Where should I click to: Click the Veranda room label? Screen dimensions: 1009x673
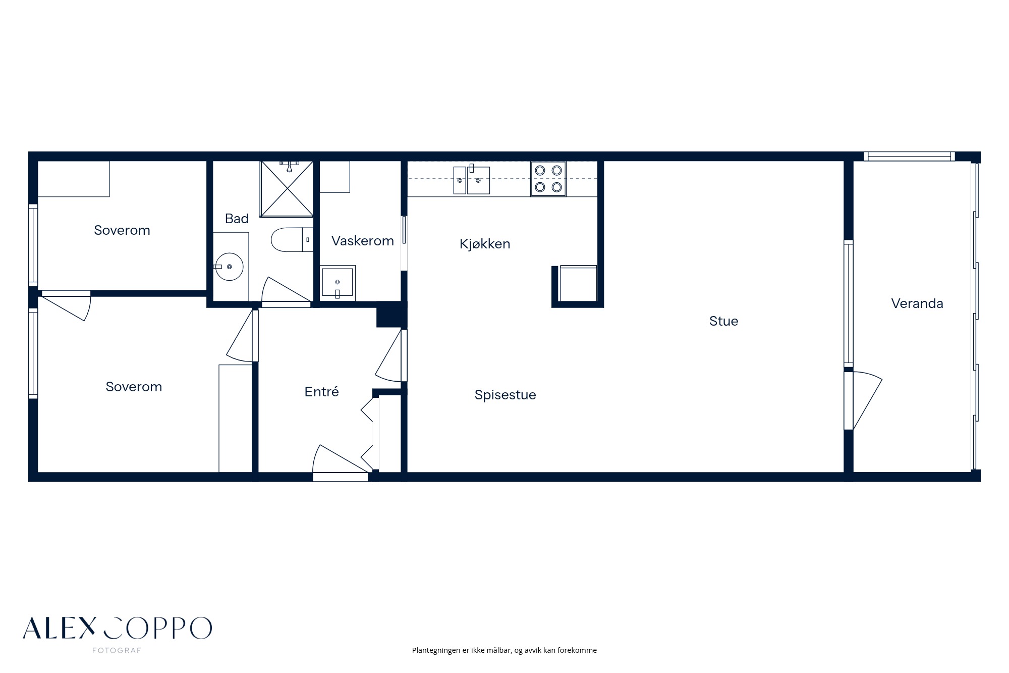(x=917, y=303)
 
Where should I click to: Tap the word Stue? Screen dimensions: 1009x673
(x=723, y=321)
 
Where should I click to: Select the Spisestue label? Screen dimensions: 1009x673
(x=505, y=395)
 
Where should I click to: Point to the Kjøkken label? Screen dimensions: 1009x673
(x=485, y=244)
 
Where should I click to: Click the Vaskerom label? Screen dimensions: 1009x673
(x=363, y=241)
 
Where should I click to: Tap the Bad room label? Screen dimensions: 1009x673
(x=237, y=219)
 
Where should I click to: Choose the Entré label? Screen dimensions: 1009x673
(x=321, y=391)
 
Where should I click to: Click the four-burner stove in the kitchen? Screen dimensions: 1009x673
(x=548, y=179)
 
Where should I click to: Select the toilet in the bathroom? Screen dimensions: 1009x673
(x=292, y=240)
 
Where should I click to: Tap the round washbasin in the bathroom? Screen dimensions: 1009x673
(x=229, y=267)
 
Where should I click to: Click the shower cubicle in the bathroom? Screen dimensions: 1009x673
(x=286, y=189)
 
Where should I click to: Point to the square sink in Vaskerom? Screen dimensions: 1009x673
(x=338, y=283)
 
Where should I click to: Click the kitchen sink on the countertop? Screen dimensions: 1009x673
(x=472, y=180)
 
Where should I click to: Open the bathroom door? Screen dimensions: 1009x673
(x=286, y=292)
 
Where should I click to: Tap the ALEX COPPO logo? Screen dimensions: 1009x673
(x=117, y=628)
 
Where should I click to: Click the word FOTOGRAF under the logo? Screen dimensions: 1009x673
(x=117, y=650)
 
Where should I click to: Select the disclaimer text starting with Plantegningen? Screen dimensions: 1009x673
(x=504, y=650)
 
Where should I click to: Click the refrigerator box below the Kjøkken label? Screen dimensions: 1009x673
(x=578, y=284)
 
